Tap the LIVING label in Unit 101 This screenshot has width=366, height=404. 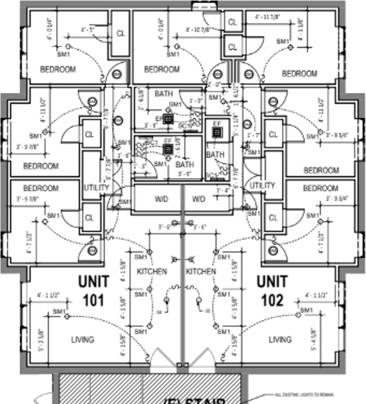(x=83, y=339)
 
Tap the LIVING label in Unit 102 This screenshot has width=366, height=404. (x=280, y=339)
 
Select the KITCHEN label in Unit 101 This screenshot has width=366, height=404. (x=152, y=272)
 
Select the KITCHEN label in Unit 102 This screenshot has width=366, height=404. (x=201, y=272)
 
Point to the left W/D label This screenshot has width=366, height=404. (x=162, y=199)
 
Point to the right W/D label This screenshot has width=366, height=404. (x=199, y=199)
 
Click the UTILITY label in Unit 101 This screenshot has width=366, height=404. (x=96, y=187)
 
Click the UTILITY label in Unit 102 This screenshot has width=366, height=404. (x=262, y=186)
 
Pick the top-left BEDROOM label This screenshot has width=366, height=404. (x=58, y=69)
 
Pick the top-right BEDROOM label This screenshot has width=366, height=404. (x=299, y=74)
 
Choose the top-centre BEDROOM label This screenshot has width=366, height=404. (x=162, y=69)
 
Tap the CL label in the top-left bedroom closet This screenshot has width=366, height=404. (x=121, y=33)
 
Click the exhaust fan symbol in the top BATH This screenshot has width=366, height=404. (x=168, y=120)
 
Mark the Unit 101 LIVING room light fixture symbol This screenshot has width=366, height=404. (x=67, y=317)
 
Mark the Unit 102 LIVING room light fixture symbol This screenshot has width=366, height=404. (x=298, y=315)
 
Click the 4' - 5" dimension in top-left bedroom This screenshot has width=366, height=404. (x=88, y=30)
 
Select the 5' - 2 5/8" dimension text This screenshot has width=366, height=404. (x=40, y=339)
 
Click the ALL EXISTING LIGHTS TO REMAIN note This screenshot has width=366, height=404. (x=304, y=394)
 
